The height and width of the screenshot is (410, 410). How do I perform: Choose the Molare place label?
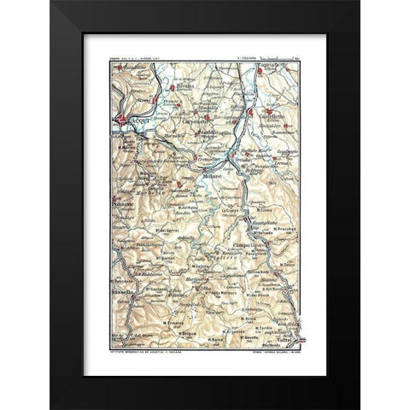pos(211,176)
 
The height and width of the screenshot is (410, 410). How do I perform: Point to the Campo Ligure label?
pos(247,245)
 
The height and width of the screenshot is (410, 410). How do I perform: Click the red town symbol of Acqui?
pos(122,118)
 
